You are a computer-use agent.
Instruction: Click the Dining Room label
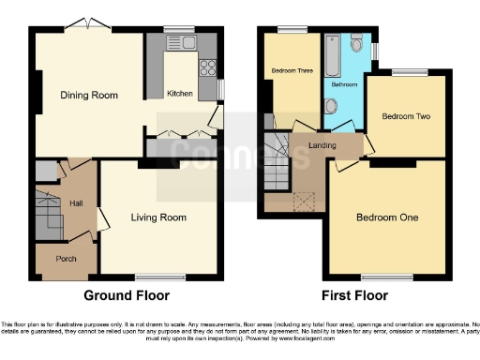pyautogui.click(x=89, y=95)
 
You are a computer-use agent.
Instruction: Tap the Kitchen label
pyautogui.click(x=180, y=94)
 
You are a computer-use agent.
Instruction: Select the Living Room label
pyautogui.click(x=158, y=217)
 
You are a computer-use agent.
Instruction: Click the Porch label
pyautogui.click(x=66, y=259)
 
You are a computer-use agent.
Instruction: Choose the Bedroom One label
pyautogui.click(x=386, y=217)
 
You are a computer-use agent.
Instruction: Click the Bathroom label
pyautogui.click(x=342, y=83)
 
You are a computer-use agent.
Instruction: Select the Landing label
pyautogui.click(x=323, y=144)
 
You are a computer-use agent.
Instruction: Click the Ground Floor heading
pyautogui.click(x=127, y=295)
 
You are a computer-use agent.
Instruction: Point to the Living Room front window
pyautogui.click(x=158, y=277)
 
